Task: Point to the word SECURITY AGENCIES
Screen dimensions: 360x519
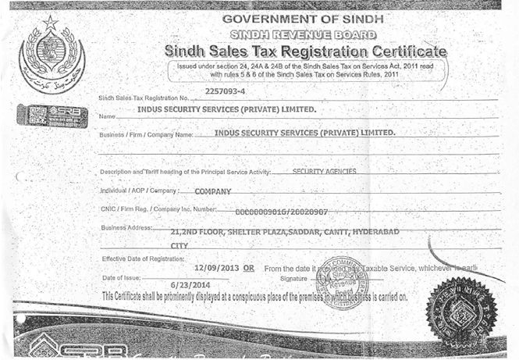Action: click(x=324, y=170)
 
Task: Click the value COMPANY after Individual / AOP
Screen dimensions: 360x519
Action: click(x=212, y=191)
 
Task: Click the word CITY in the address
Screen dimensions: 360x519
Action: click(x=180, y=245)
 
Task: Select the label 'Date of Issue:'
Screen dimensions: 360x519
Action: click(x=123, y=278)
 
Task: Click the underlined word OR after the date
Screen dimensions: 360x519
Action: click(x=249, y=267)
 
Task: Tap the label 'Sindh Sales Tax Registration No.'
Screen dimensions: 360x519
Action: click(x=145, y=98)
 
